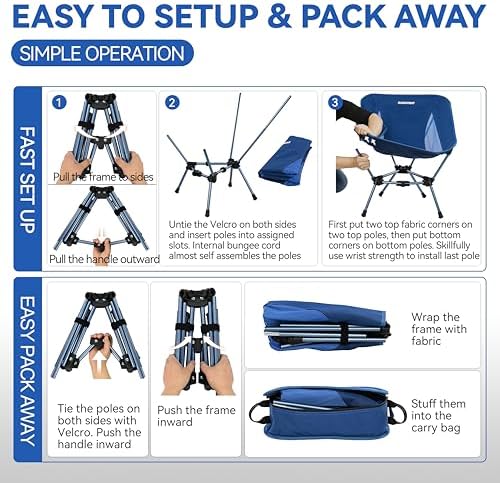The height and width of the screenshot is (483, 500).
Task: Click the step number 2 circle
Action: click(172, 102)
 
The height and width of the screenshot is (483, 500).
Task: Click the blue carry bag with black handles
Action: click(325, 413)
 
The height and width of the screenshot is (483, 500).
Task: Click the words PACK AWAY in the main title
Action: click(417, 17)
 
